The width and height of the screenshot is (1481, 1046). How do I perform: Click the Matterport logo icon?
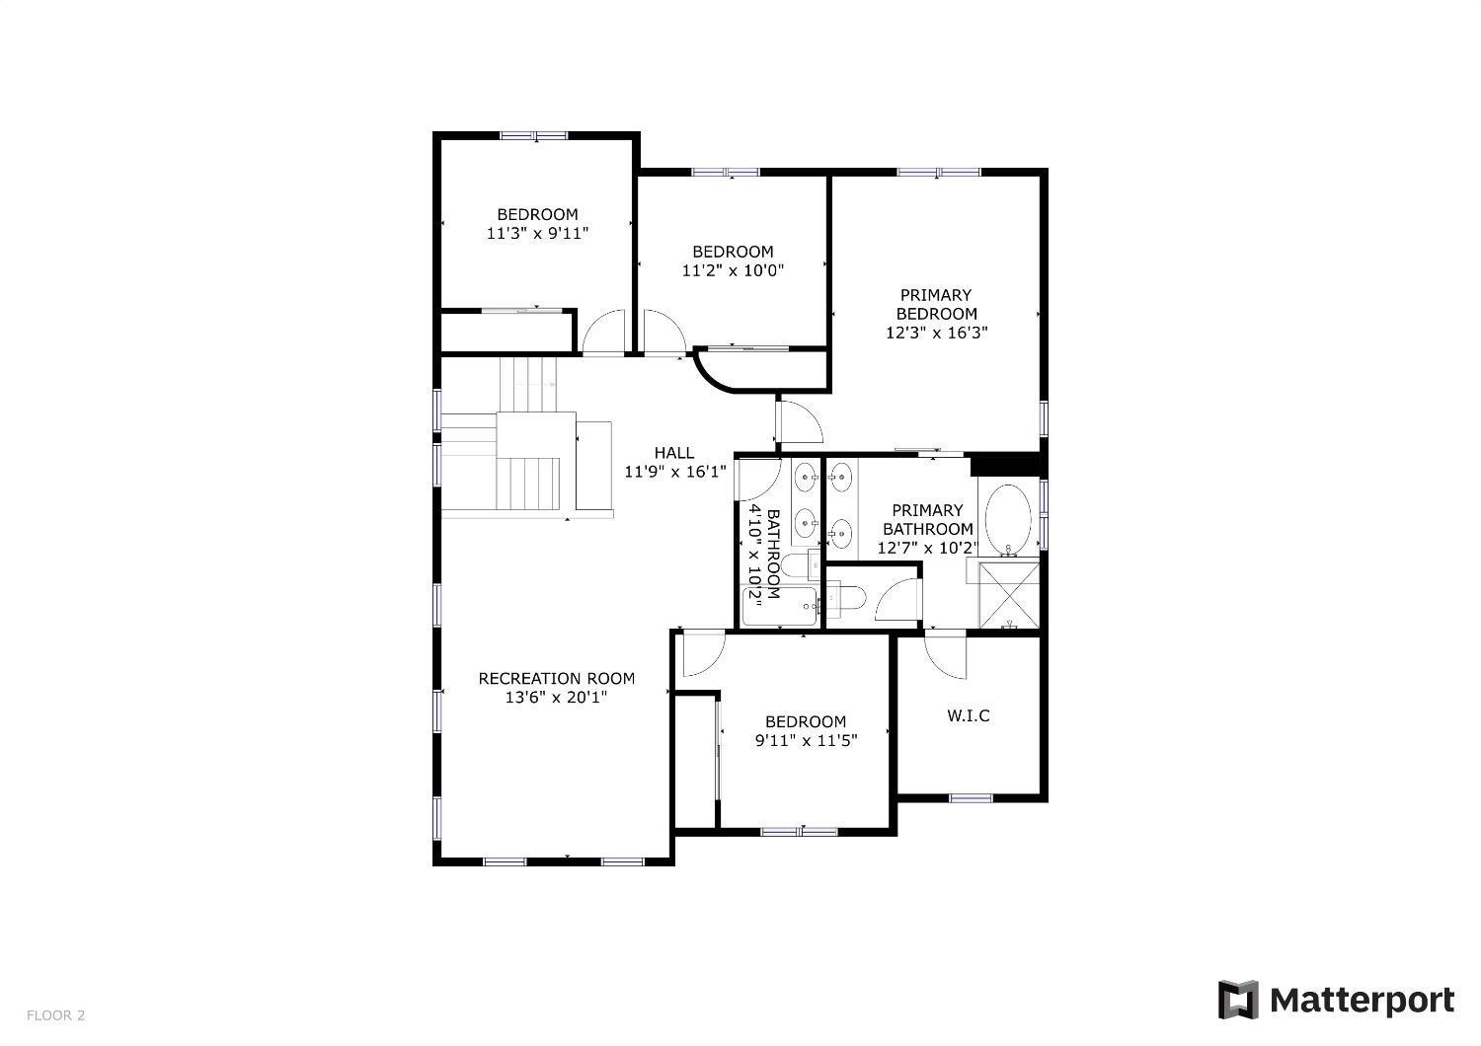click(1238, 1000)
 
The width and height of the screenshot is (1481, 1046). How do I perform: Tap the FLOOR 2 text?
click(55, 1014)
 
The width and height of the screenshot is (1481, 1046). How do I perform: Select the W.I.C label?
click(968, 715)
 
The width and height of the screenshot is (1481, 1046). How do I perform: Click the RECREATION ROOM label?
click(556, 678)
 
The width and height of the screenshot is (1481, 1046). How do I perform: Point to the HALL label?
click(673, 453)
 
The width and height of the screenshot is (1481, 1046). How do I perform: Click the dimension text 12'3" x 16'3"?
click(936, 333)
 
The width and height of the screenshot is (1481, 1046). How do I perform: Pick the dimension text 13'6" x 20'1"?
click(556, 698)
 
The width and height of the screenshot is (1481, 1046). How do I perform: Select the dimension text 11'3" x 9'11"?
click(537, 234)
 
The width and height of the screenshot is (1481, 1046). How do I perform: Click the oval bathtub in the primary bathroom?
click(1008, 518)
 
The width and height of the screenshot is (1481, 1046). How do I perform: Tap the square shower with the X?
click(1009, 594)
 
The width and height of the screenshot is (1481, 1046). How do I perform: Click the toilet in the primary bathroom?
click(846, 597)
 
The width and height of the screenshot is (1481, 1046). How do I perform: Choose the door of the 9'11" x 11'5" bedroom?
click(701, 653)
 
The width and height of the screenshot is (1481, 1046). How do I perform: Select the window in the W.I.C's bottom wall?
click(971, 797)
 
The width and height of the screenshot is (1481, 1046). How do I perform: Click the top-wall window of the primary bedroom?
click(938, 173)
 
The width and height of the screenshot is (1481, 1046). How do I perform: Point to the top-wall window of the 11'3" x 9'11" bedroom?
click(533, 136)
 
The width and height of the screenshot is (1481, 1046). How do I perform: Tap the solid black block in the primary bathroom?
click(1005, 464)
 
